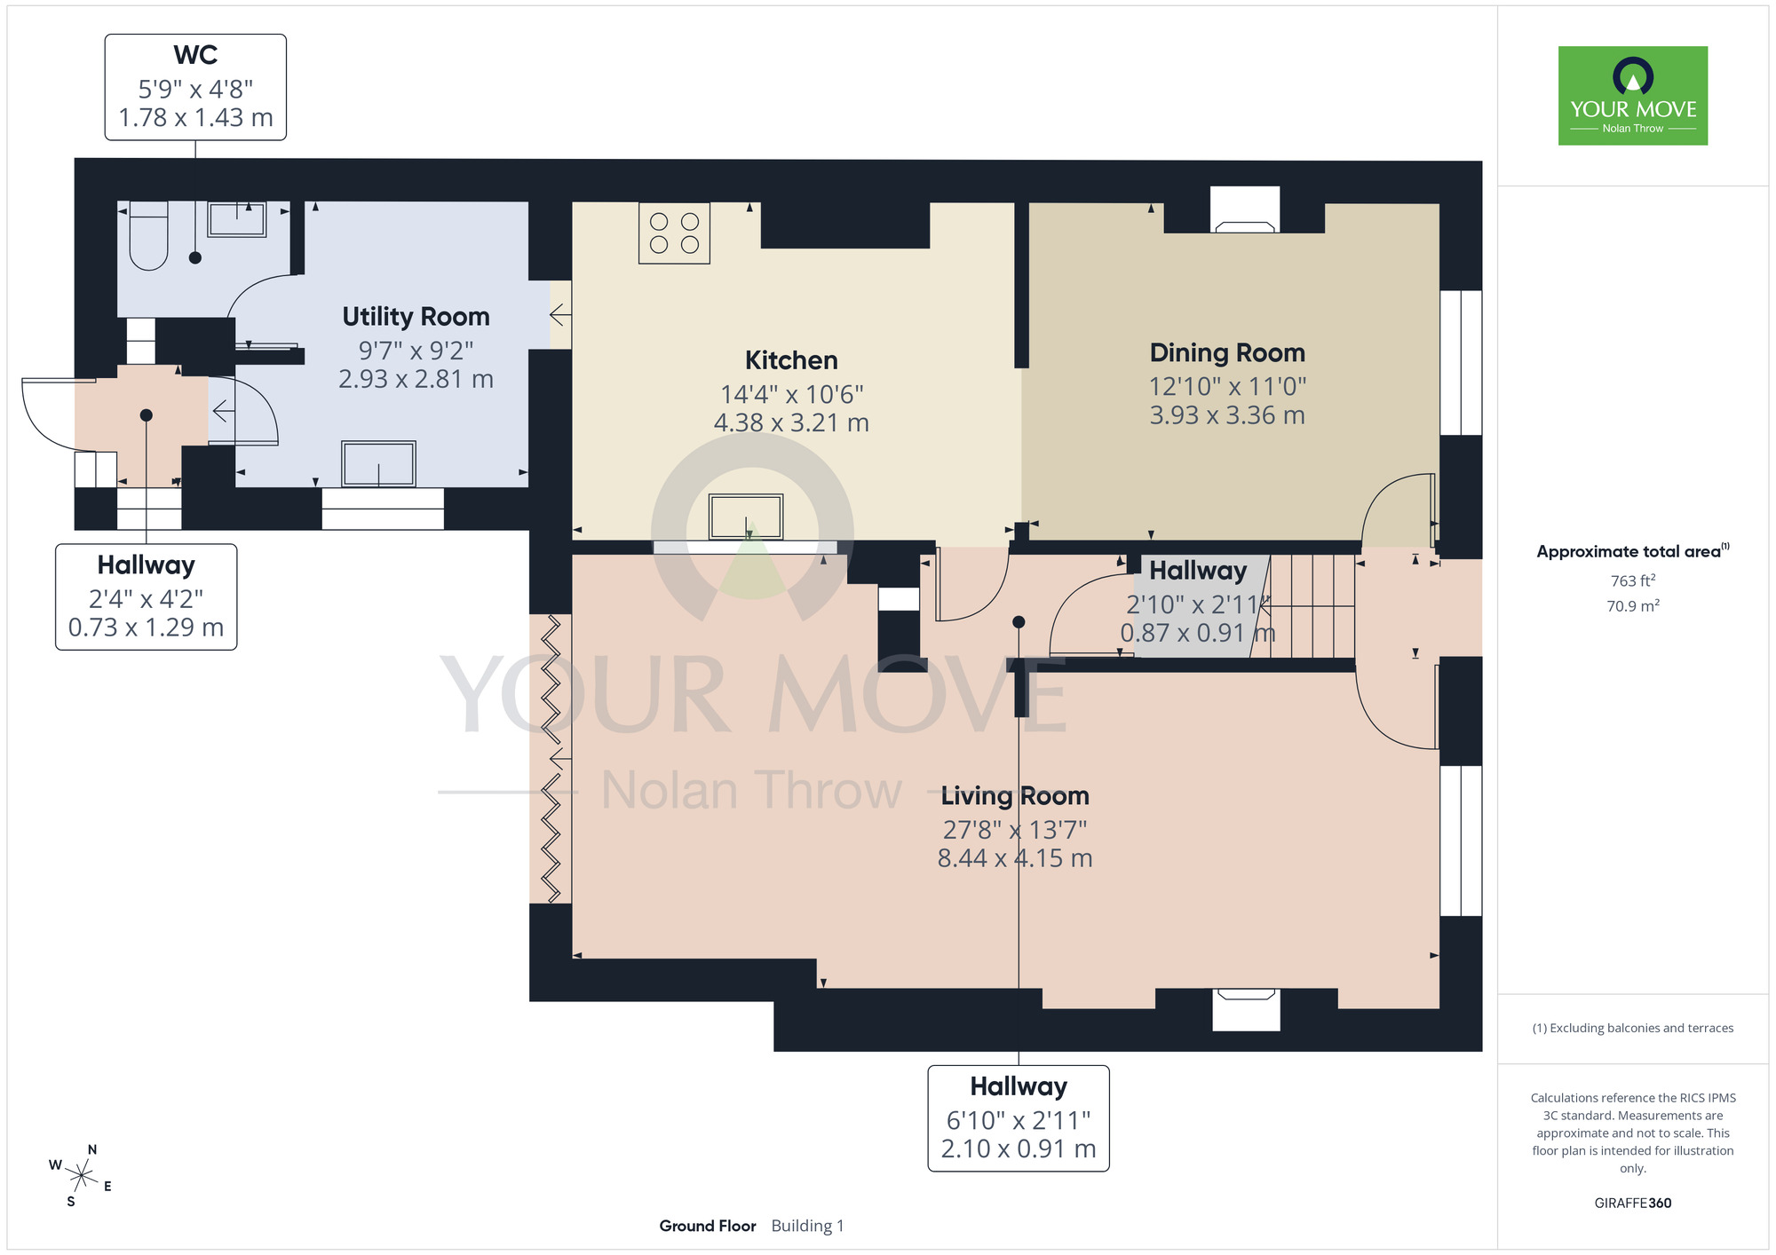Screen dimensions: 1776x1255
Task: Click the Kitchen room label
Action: [791, 360]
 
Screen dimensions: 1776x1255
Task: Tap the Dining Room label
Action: [1227, 353]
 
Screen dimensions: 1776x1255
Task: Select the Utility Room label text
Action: [416, 317]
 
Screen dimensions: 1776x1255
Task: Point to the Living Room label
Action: [1015, 796]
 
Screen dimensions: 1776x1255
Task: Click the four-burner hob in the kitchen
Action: [674, 233]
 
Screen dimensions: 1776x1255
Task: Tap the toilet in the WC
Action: [148, 236]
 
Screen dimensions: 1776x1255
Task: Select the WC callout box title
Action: [195, 55]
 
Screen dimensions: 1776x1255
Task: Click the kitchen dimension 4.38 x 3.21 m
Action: [791, 422]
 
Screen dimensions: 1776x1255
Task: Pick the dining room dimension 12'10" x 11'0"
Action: [1227, 387]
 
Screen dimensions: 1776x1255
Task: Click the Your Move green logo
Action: [1633, 96]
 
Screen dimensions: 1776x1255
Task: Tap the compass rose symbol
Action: [81, 1177]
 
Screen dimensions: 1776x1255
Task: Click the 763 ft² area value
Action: [1633, 580]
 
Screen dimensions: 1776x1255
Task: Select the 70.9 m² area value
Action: [1633, 606]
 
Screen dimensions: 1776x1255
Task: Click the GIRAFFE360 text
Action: [1633, 1204]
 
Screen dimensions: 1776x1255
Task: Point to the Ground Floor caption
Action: [708, 1226]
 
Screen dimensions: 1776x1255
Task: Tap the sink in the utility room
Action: [379, 463]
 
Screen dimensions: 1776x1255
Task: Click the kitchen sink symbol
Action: [746, 517]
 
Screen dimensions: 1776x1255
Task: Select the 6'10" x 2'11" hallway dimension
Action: [1019, 1121]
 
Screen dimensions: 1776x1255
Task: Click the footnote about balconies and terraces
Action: [1633, 1029]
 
